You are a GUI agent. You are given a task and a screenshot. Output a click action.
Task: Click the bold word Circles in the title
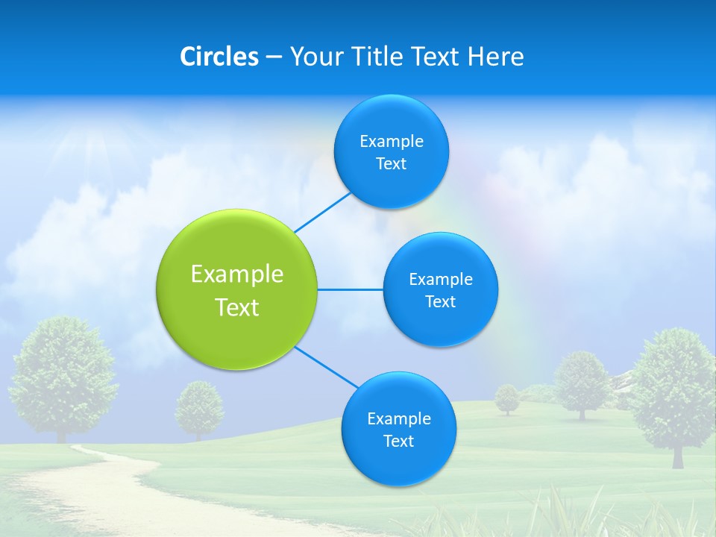pos(219,57)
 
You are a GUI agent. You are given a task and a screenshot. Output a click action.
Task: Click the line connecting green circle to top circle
pos(323,213)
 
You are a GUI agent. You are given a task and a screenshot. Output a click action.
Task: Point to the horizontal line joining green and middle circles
pos(351,289)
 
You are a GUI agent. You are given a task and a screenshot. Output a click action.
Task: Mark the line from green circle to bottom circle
pos(325,367)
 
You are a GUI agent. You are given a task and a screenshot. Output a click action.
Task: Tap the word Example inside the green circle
pos(237,274)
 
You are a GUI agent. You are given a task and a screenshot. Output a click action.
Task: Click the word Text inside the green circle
pos(237,307)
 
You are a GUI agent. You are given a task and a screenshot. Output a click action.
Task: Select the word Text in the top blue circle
pos(391,164)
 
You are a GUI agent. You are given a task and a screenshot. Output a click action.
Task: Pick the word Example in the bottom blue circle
pos(398,418)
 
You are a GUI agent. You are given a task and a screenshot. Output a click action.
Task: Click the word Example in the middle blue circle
pos(440,279)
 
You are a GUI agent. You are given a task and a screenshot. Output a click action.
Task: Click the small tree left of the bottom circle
pos(199,406)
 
